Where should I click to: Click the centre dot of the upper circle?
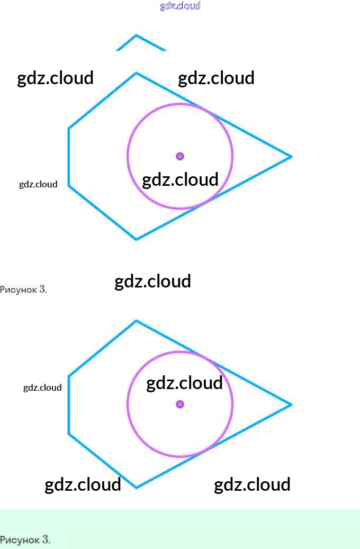tap(180, 156)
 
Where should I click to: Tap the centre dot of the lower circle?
tap(180, 404)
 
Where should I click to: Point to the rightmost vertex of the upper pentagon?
tap(291, 156)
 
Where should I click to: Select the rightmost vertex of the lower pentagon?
tap(291, 404)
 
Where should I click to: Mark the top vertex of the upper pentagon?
tap(136, 73)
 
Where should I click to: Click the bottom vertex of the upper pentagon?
tap(136, 239)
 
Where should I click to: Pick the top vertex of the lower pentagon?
tap(136, 321)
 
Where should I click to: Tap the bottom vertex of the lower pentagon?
tap(136, 488)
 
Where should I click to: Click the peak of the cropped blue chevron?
tap(136, 35)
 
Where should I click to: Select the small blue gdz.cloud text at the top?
tap(180, 6)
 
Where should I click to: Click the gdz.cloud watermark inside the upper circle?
tap(180, 180)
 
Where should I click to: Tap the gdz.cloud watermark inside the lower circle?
tap(184, 383)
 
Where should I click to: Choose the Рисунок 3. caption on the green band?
tap(25, 539)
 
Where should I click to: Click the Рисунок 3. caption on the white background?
tap(24, 289)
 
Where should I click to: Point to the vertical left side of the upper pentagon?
tap(69, 157)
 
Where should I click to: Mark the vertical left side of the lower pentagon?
tap(69, 405)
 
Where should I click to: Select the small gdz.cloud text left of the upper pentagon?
tap(38, 184)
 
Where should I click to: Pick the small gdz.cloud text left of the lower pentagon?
tap(42, 388)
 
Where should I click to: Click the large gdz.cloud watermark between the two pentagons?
tap(152, 281)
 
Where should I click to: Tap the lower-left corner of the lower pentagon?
tap(69, 434)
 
